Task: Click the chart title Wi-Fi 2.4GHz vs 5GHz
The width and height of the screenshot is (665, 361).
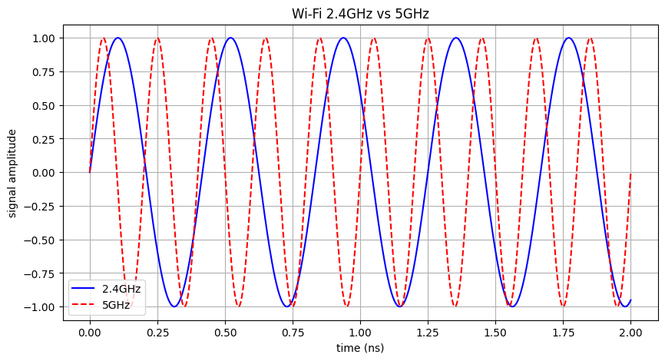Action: pos(360,13)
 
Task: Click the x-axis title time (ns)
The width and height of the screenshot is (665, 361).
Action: pos(360,348)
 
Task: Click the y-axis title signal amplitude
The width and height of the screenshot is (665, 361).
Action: pos(13,172)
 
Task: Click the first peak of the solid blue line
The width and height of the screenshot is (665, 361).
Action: pos(117,38)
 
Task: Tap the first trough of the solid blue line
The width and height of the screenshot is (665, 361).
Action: pos(174,306)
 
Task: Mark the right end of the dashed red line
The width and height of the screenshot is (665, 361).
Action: pos(630,173)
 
